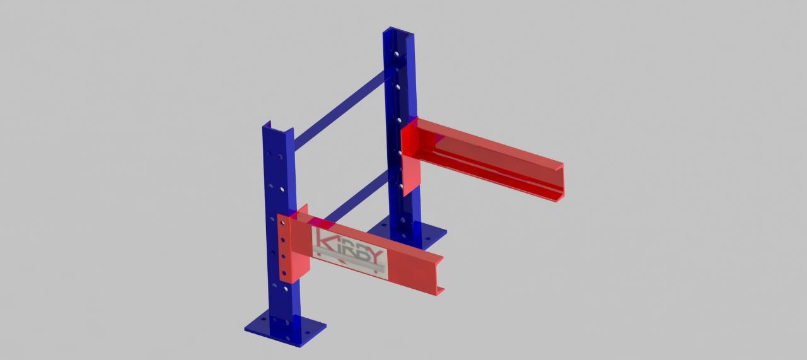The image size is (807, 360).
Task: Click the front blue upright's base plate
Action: (x=285, y=329)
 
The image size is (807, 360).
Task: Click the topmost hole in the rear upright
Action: (x=397, y=54)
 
